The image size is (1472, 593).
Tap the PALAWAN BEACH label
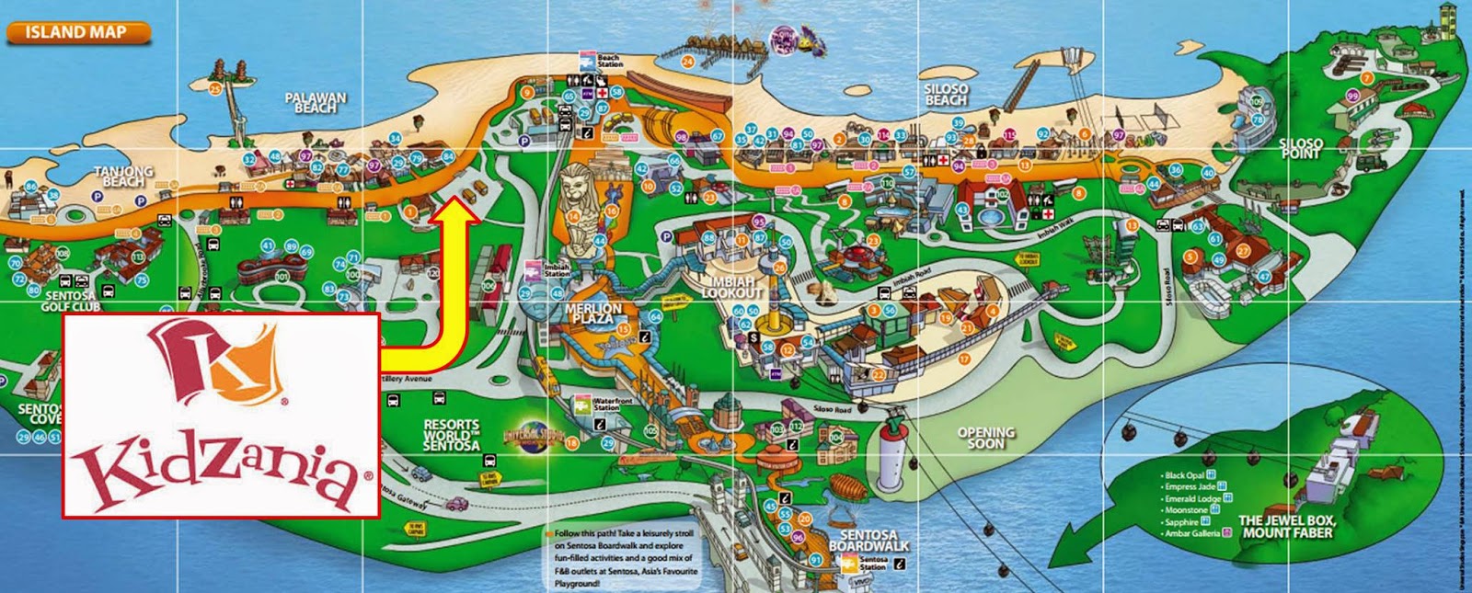(315, 102)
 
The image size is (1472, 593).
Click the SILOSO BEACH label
(945, 94)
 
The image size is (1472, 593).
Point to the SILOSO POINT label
(1301, 148)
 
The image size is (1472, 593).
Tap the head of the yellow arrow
(456, 211)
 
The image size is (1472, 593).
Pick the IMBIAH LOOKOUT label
(732, 287)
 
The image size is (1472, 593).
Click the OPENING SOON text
(985, 438)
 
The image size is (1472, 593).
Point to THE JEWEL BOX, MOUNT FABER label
(1285, 526)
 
